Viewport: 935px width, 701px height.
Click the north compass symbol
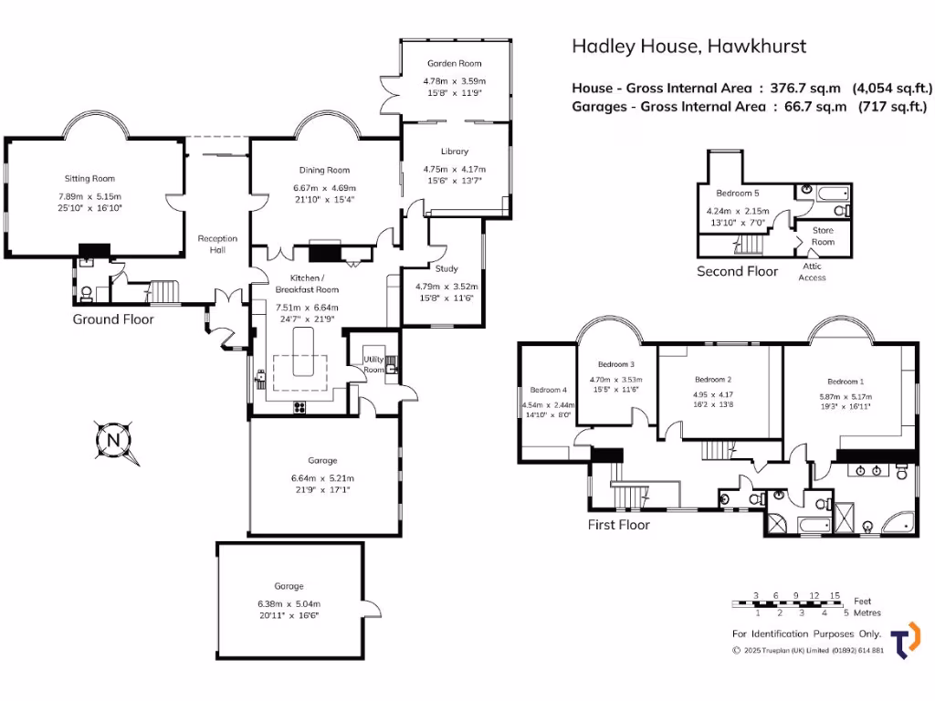tap(113, 440)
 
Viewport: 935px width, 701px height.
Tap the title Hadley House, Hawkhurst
tap(688, 46)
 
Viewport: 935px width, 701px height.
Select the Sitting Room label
tap(89, 179)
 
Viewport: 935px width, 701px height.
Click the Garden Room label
tap(454, 64)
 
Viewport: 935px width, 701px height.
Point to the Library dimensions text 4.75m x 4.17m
tap(454, 169)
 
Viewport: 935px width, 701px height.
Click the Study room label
tap(446, 268)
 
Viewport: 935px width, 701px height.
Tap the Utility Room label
tap(374, 365)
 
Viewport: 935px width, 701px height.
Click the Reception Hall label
tap(217, 245)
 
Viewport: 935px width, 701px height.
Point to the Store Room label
tap(823, 236)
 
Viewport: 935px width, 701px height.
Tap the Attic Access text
tap(812, 272)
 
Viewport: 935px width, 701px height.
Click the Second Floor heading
tap(737, 271)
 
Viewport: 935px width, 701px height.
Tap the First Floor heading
tap(619, 525)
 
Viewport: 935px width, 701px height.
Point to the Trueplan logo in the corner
tap(905, 640)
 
